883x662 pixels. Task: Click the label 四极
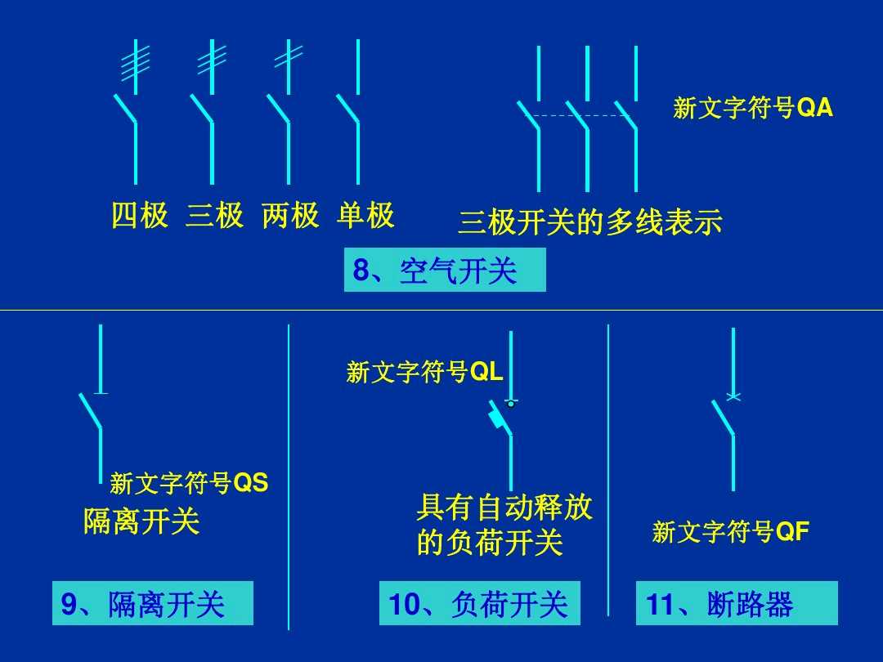[x=140, y=216]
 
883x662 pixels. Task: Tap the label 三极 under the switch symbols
[x=214, y=216]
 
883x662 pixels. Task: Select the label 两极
[x=290, y=216]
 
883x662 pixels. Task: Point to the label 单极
[x=365, y=216]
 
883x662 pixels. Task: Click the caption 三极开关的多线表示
[x=590, y=222]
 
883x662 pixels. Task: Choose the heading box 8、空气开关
[x=444, y=271]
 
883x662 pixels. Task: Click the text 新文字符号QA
[x=753, y=108]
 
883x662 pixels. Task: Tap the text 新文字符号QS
[x=189, y=483]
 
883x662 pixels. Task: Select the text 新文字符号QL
[x=424, y=373]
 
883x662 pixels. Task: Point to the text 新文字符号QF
[x=731, y=533]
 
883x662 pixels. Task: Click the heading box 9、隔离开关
[x=152, y=604]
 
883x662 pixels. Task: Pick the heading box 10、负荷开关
[x=479, y=604]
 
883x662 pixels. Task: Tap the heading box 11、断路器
[x=736, y=604]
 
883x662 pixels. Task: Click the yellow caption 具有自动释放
[x=504, y=508]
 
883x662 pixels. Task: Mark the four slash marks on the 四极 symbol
[x=135, y=63]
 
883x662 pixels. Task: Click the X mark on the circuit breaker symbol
[x=733, y=397]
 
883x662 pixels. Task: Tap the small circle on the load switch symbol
[x=511, y=403]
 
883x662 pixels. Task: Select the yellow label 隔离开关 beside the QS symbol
[x=141, y=521]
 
